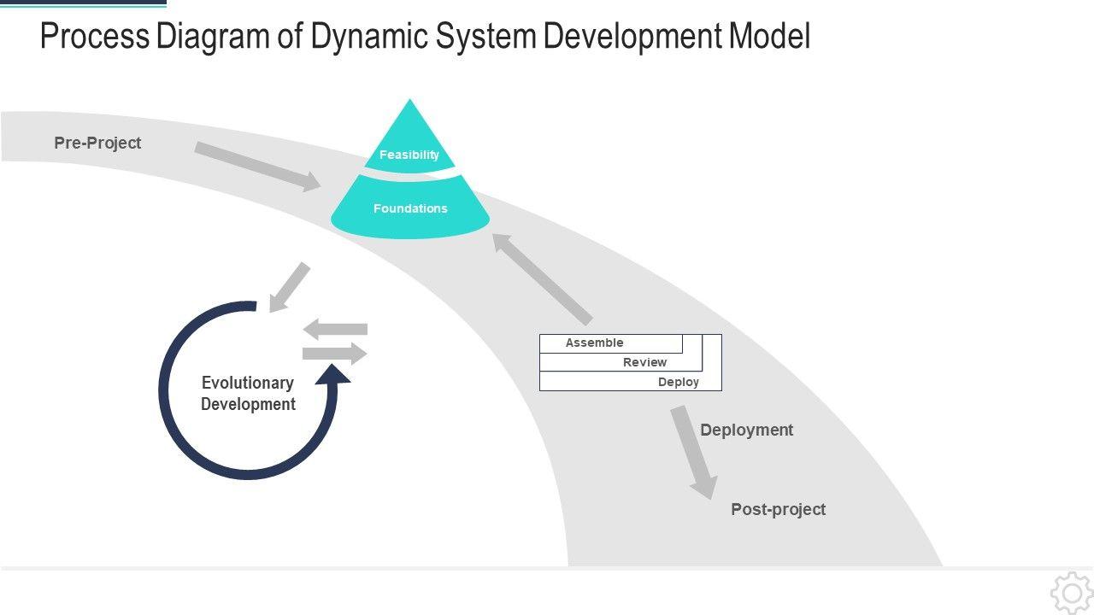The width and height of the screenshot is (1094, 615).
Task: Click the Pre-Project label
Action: tap(97, 143)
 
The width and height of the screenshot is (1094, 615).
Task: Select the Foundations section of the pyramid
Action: tap(410, 208)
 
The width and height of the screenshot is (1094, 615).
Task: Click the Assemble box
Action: tap(595, 343)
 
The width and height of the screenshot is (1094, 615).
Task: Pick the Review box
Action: tap(644, 363)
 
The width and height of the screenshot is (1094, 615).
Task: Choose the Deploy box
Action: tap(678, 382)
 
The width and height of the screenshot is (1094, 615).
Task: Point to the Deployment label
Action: tap(746, 430)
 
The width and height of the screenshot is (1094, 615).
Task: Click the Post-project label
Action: tap(778, 509)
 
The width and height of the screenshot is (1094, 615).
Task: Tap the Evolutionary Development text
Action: tap(248, 394)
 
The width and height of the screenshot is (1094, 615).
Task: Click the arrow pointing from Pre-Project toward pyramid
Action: tap(257, 166)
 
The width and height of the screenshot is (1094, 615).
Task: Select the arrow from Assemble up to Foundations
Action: tap(543, 278)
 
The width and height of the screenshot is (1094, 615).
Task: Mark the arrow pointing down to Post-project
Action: tap(695, 452)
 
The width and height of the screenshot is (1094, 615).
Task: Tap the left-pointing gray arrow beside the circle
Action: tap(335, 329)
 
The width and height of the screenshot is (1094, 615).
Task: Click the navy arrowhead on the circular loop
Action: tap(332, 375)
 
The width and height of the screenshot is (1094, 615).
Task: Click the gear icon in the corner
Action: tap(1071, 593)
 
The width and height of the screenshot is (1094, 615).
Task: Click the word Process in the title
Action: tap(94, 38)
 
